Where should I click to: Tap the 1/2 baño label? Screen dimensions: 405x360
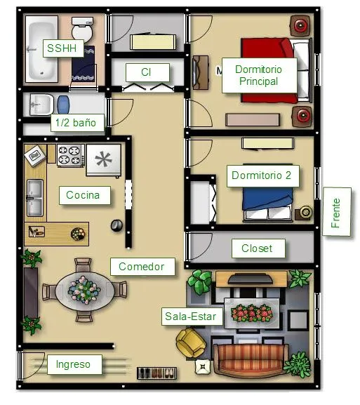tap(78, 124)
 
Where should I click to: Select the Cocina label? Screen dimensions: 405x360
tap(84, 195)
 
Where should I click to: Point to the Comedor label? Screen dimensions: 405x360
tap(141, 267)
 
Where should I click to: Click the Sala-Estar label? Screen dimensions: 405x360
tap(191, 317)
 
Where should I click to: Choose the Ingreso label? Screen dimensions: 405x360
tap(74, 364)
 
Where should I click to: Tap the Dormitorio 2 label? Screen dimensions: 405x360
tap(260, 175)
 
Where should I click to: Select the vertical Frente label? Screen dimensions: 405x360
tap(336, 212)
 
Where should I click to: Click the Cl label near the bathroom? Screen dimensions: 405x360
tap(147, 72)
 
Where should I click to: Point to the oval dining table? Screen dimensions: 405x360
tap(84, 289)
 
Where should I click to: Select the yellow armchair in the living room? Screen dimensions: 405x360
tap(189, 343)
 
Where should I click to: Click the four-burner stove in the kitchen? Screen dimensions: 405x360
tap(71, 156)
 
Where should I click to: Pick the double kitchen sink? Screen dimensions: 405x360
tap(34, 199)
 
